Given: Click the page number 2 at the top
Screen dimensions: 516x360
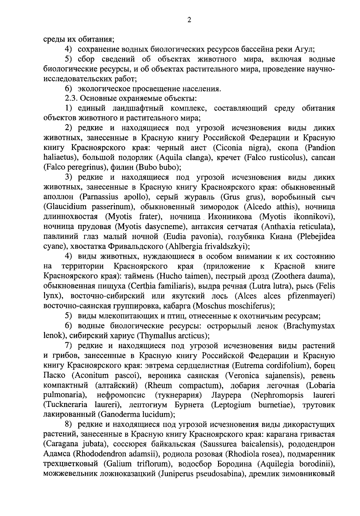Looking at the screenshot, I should [x=189, y=20].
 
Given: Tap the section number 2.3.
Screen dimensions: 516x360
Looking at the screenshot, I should [x=71, y=98].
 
